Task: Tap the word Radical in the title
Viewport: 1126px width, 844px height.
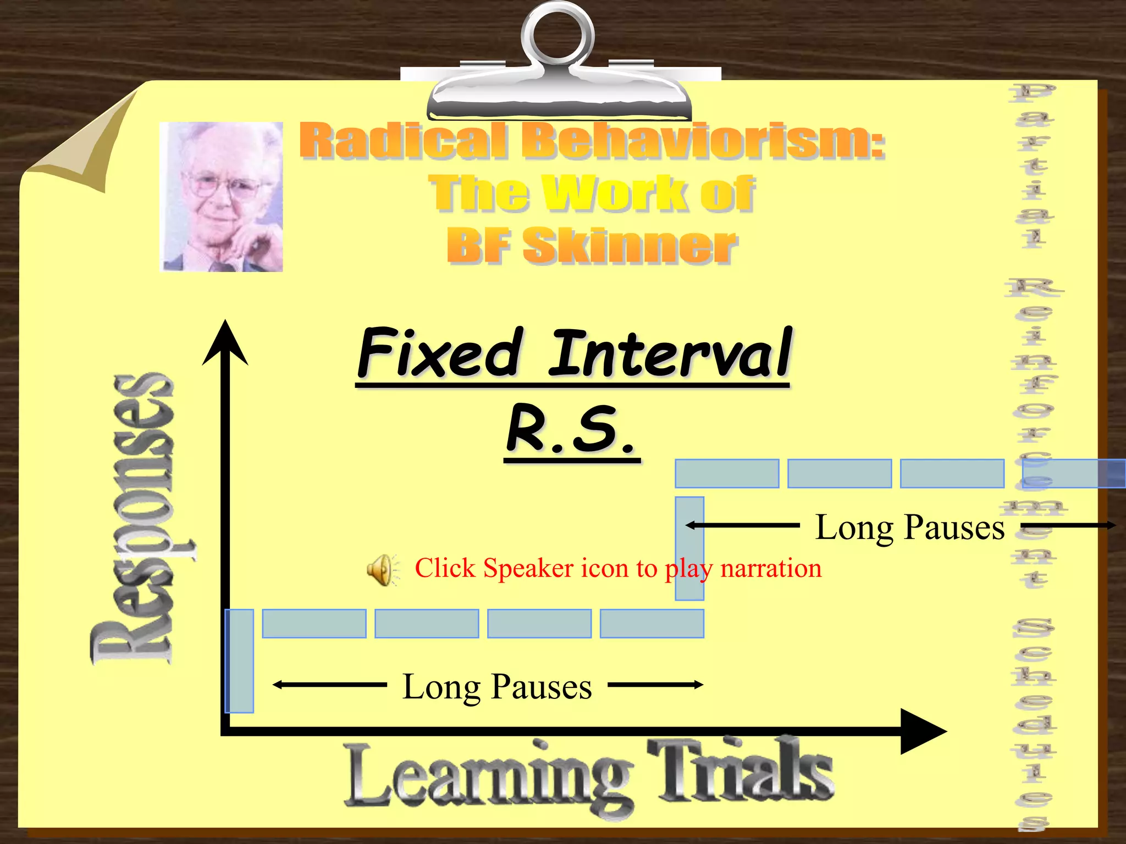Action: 402,141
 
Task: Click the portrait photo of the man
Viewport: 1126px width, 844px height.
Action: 221,197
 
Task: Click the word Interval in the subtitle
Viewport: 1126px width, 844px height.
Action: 671,352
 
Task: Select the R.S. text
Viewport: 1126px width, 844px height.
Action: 571,429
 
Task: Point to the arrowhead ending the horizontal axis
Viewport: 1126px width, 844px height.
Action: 924,731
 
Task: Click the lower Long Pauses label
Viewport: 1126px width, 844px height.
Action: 497,686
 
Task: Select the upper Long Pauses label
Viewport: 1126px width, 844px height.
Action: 909,527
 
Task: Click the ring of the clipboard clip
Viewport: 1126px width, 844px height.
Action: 558,36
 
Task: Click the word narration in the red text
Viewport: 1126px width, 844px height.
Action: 771,568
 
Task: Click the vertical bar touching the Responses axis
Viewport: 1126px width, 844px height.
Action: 240,661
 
